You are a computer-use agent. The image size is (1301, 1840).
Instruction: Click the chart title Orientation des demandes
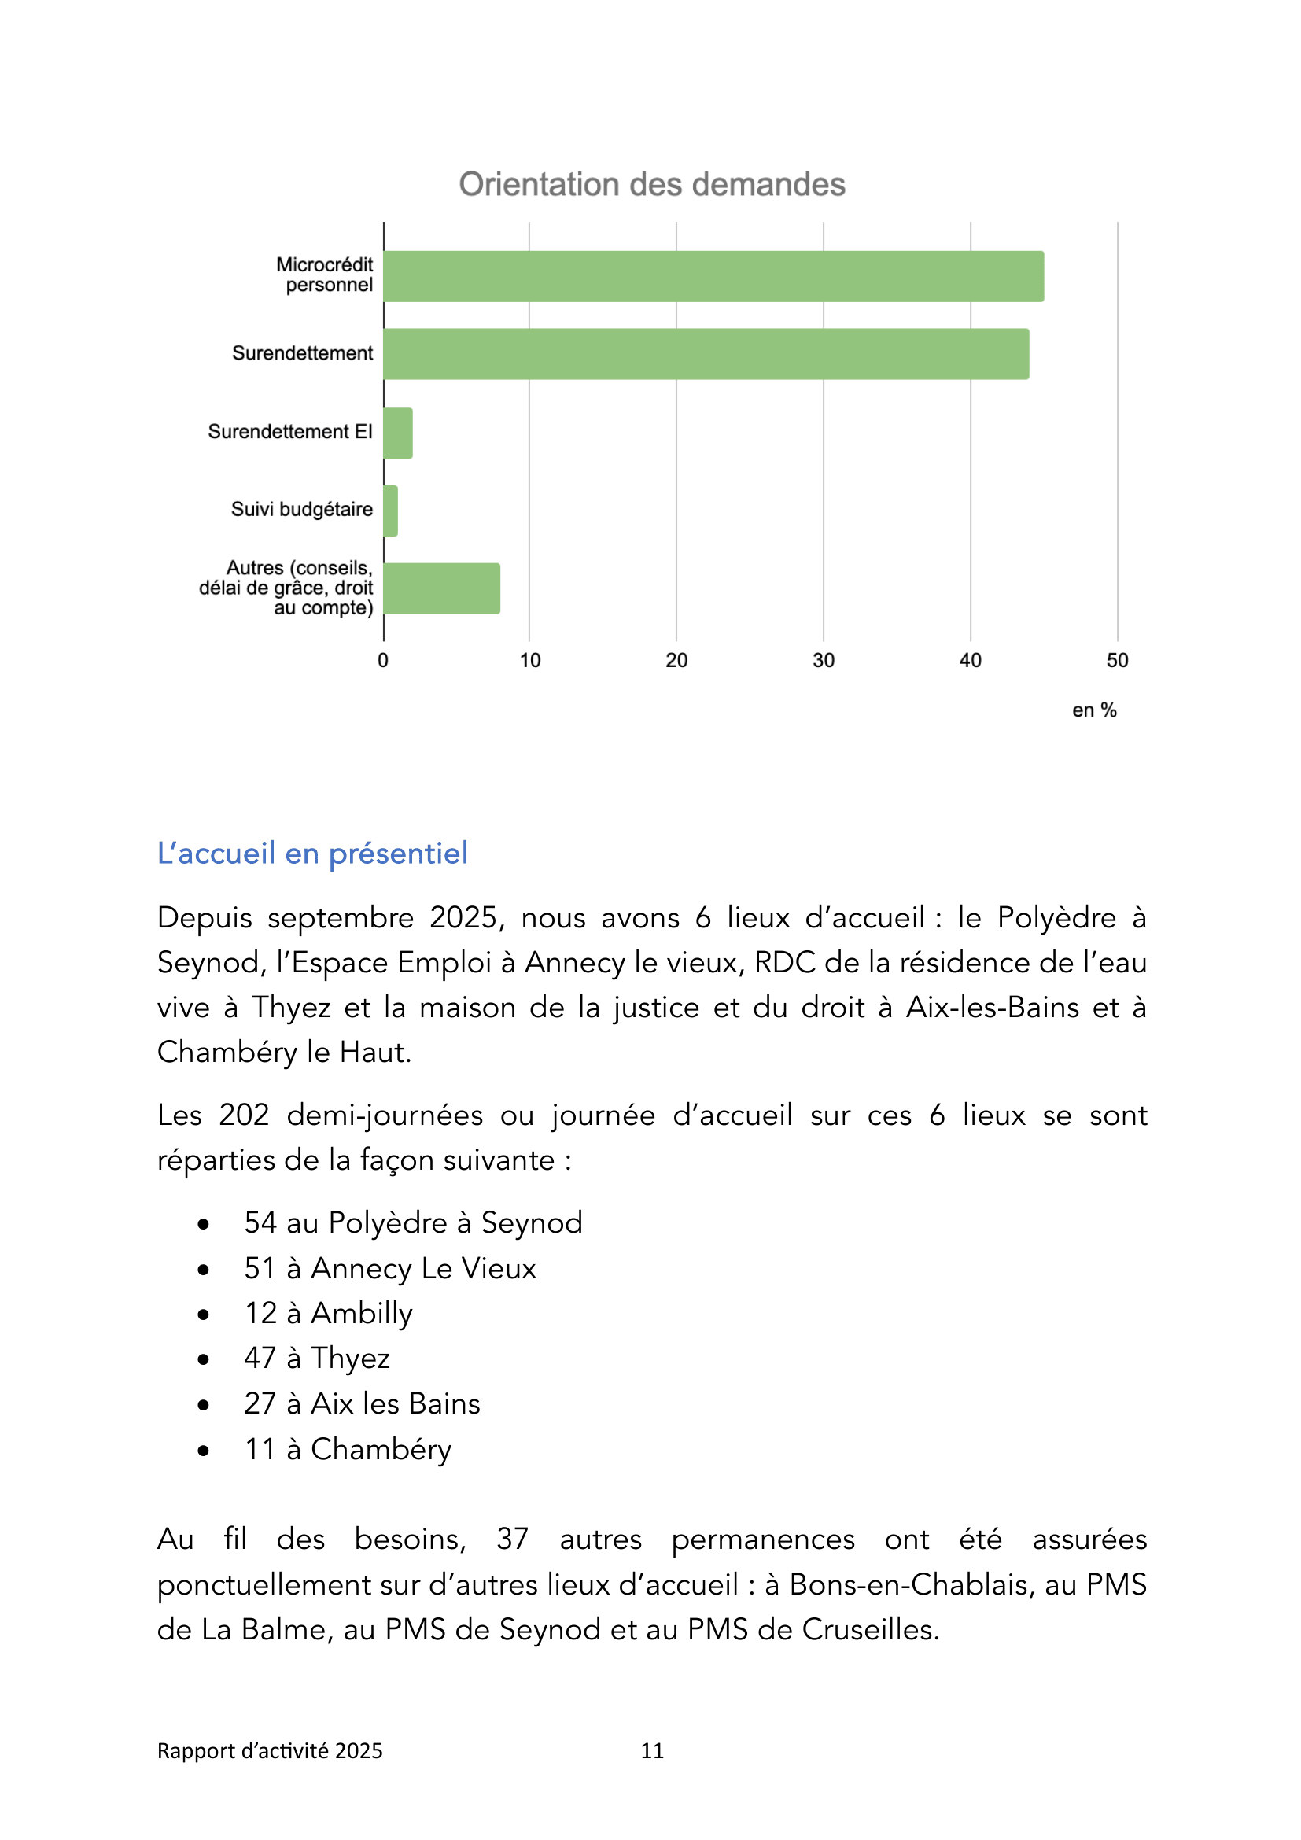[x=651, y=184]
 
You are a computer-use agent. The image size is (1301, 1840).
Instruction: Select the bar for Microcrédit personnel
[x=713, y=276]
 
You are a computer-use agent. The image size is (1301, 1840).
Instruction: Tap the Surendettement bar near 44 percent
[x=706, y=354]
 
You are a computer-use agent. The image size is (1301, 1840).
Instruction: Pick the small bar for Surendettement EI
[x=398, y=433]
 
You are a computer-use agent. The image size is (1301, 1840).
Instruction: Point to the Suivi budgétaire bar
[x=391, y=511]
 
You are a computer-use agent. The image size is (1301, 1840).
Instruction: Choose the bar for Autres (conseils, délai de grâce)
[x=441, y=589]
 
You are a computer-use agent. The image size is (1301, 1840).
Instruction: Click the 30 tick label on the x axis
[x=824, y=660]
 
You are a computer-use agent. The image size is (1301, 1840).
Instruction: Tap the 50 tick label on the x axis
[x=1117, y=660]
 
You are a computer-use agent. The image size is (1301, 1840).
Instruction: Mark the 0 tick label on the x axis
[x=383, y=660]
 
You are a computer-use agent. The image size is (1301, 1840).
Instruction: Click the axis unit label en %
[x=1094, y=710]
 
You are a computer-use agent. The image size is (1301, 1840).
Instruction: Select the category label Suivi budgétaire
[x=302, y=510]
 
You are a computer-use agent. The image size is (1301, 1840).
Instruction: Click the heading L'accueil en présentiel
[x=312, y=854]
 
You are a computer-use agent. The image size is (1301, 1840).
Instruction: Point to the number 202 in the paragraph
[x=244, y=1115]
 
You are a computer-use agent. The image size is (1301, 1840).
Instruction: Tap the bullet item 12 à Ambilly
[x=329, y=1314]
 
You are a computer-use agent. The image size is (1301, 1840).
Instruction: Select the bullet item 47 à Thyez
[x=317, y=1359]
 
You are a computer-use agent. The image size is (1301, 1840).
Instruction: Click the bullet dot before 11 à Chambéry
[x=204, y=1451]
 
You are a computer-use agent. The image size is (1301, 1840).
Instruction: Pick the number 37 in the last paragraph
[x=512, y=1539]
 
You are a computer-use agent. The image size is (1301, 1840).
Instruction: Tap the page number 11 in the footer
[x=652, y=1751]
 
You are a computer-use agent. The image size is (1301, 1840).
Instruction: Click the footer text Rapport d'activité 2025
[x=270, y=1751]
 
